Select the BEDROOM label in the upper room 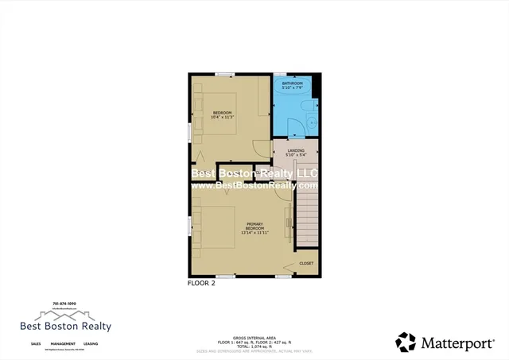coord(222,113)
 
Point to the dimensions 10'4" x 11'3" coord(222,118)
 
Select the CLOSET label coord(306,263)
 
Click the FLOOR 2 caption coord(202,282)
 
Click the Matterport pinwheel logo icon coord(406,343)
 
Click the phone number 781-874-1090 coord(65,302)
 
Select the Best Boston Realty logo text coord(65,326)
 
